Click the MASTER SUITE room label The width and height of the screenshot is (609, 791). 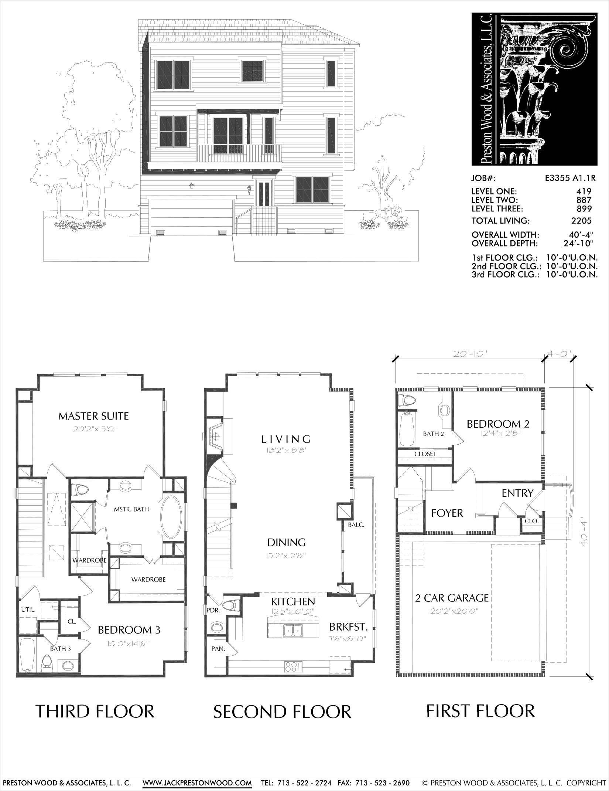[x=93, y=416]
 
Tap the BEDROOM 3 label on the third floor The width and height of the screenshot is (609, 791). [x=129, y=630]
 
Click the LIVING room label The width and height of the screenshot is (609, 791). [x=286, y=439]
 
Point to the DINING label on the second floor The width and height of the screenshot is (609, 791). [x=287, y=543]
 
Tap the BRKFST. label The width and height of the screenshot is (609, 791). [x=349, y=627]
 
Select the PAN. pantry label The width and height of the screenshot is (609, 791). [x=218, y=649]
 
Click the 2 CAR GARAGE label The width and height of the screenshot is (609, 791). [x=452, y=598]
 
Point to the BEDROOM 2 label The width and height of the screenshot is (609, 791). [x=498, y=424]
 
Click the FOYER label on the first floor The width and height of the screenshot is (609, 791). [x=447, y=513]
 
